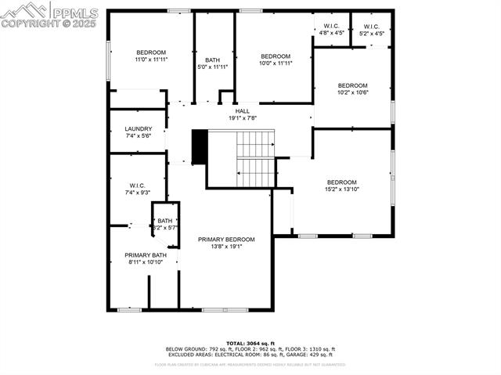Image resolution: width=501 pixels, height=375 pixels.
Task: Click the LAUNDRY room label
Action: click(x=139, y=128)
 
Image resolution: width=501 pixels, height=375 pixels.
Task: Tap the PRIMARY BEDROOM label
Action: click(x=226, y=239)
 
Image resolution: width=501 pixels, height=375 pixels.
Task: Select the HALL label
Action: click(x=243, y=111)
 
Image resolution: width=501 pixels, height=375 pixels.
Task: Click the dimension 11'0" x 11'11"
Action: click(x=151, y=59)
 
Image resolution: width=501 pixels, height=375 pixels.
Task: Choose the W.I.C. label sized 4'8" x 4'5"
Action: click(x=332, y=27)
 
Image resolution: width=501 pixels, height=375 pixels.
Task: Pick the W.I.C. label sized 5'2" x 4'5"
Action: click(x=372, y=27)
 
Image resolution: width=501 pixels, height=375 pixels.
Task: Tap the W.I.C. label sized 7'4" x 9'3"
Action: click(x=139, y=186)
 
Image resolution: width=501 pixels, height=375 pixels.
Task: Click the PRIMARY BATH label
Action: click(x=146, y=255)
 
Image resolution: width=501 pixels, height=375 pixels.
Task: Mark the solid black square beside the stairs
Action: click(x=199, y=146)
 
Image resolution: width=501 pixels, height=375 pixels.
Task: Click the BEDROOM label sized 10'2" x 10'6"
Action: click(x=352, y=85)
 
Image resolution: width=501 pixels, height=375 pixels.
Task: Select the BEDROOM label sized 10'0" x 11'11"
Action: click(x=276, y=56)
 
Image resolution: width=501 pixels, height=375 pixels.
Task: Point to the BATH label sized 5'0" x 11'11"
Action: click(x=213, y=60)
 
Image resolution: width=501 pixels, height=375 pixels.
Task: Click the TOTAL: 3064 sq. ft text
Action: click(x=250, y=343)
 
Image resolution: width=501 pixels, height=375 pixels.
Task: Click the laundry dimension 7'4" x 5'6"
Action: click(x=139, y=136)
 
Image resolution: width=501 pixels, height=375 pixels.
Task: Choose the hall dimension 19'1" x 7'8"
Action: click(x=243, y=118)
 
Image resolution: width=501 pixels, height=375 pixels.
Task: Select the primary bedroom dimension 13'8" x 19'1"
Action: click(x=226, y=247)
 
